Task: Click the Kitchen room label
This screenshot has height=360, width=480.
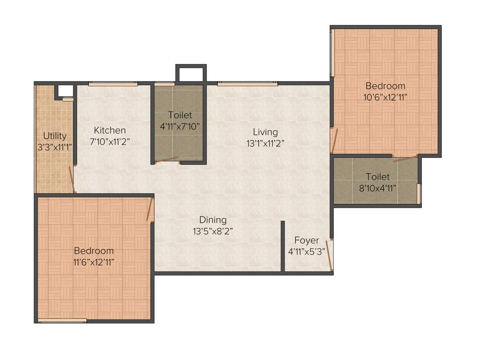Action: [110, 130]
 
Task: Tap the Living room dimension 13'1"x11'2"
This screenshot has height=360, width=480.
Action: [265, 143]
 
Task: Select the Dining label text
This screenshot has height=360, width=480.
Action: [213, 219]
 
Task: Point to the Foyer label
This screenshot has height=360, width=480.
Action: [307, 240]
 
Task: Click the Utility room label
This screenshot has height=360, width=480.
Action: [55, 136]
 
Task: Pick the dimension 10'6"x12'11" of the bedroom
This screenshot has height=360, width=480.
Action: [385, 97]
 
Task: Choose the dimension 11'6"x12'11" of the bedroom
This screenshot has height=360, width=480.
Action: [94, 262]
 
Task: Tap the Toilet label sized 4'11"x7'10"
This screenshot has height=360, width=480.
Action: [180, 115]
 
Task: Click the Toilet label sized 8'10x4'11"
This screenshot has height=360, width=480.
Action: [377, 177]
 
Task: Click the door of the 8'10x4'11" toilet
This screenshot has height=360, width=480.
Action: [405, 158]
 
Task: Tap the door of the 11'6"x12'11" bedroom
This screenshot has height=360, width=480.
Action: [150, 209]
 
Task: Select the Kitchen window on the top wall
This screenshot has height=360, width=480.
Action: [113, 84]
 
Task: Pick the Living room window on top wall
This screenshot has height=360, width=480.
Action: [247, 84]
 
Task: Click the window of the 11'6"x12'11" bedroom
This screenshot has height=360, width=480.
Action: [62, 321]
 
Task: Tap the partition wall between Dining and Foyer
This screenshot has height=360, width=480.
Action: [283, 246]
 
